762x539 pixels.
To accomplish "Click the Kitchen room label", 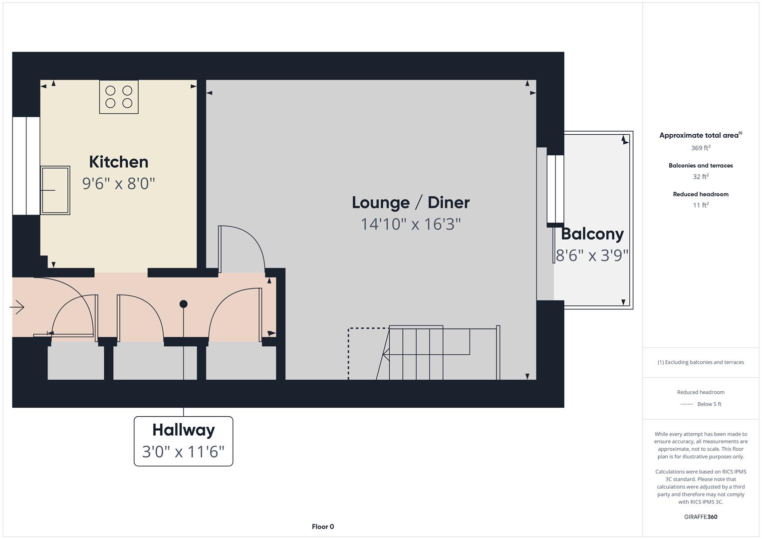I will coord(119,162).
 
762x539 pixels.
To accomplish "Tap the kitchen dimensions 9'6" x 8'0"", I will coord(119,184).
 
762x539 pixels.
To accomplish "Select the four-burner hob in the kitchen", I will coord(119,97).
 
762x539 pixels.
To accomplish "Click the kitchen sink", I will coord(55,190).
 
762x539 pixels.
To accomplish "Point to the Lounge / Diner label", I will coord(411,203).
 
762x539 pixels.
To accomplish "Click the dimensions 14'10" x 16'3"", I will coord(411,224).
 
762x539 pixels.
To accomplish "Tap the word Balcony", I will coord(592,234).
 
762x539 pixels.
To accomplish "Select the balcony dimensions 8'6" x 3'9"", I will coord(592,256).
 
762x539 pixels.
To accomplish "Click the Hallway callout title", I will coord(184,430).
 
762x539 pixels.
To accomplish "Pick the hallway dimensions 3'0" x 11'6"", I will coord(184,452).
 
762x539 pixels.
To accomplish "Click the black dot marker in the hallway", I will coord(184,304).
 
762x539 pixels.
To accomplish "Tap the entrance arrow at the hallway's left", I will coord(17,307).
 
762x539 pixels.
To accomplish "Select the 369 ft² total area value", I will coord(701,148).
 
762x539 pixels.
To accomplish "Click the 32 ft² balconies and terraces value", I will coord(701,177).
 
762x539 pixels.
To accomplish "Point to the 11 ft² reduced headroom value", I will coord(701,205).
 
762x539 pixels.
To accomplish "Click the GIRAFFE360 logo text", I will coord(701,517).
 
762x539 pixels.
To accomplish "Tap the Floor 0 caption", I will coord(323,527).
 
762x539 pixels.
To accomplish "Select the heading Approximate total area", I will coord(699,135).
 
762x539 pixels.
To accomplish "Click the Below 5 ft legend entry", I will coord(709,404).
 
